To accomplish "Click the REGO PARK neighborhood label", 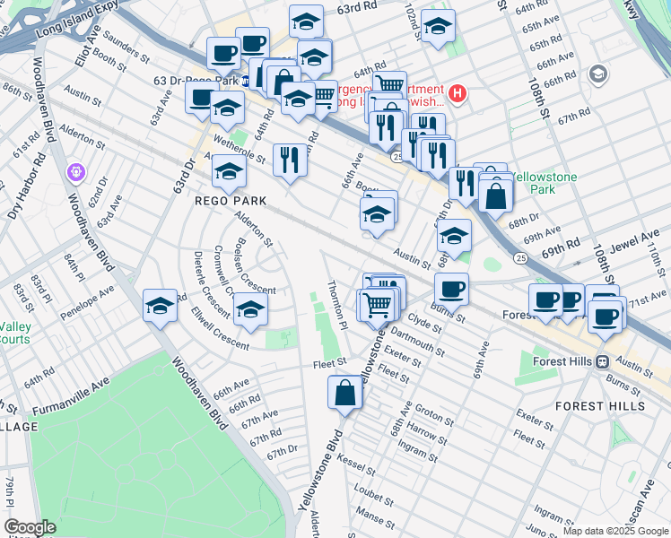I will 227,201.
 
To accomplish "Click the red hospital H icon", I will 457,92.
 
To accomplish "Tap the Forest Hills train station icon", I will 603,361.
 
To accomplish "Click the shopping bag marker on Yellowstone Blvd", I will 345,393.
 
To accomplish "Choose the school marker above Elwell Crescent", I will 251,308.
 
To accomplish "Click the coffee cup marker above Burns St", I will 451,289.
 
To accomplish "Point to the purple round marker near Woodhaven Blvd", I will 74,170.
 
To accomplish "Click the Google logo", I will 30,528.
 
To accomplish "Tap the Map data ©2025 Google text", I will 614,531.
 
